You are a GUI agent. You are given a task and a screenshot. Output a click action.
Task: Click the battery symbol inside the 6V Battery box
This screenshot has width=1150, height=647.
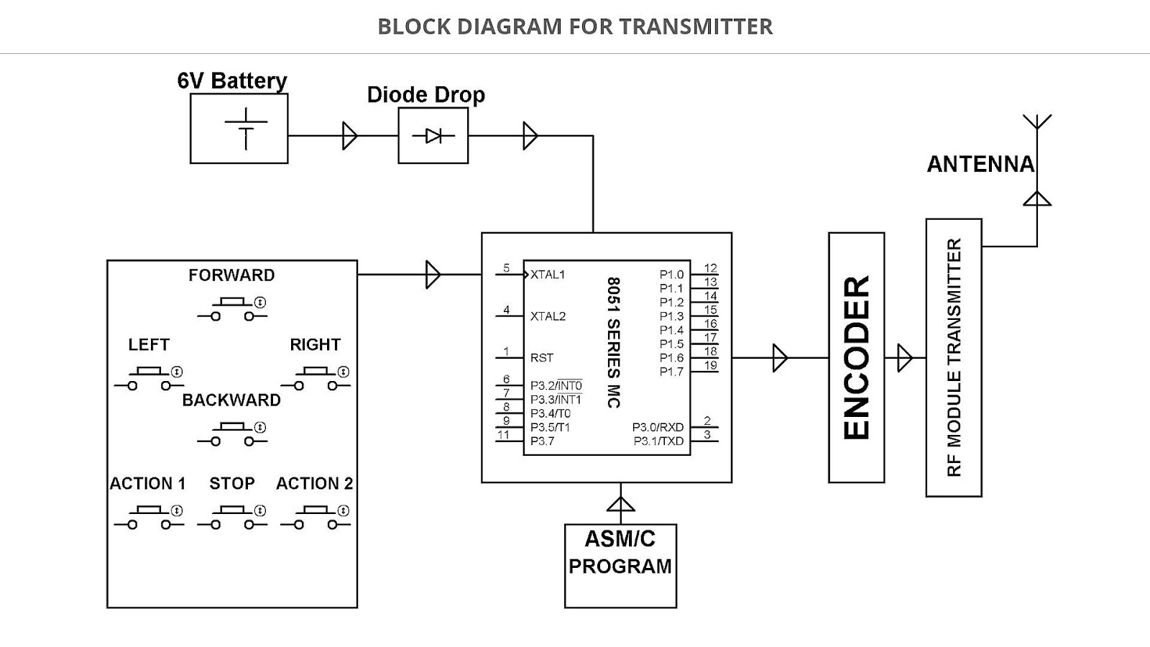click(246, 129)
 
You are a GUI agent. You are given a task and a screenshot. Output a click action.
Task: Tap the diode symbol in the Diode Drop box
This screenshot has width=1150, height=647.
click(433, 136)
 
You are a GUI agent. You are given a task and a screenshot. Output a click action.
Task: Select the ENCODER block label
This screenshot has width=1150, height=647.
click(857, 357)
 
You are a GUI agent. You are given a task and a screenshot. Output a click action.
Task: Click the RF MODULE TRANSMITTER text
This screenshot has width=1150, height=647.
click(954, 357)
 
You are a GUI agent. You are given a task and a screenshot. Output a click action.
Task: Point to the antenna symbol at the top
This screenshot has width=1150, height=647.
click(1037, 122)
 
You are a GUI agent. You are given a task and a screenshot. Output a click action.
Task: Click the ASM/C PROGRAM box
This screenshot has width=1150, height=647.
click(620, 566)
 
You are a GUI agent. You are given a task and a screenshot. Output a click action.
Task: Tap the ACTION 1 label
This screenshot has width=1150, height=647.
click(147, 484)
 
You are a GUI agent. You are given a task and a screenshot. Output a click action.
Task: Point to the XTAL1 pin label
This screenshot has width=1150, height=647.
click(548, 275)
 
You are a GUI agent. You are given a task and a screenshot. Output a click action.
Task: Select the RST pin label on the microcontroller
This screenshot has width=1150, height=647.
click(542, 358)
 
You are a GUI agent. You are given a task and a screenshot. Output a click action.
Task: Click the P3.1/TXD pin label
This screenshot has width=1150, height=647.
click(658, 441)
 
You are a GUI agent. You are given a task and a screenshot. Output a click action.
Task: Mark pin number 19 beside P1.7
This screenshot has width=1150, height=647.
click(710, 365)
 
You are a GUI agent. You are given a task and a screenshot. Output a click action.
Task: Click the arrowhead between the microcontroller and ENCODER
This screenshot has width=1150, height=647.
click(780, 358)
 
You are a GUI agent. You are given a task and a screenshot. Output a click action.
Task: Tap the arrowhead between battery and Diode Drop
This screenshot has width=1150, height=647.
click(350, 136)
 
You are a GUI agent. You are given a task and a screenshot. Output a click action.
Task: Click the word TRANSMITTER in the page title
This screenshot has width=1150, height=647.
click(696, 27)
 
